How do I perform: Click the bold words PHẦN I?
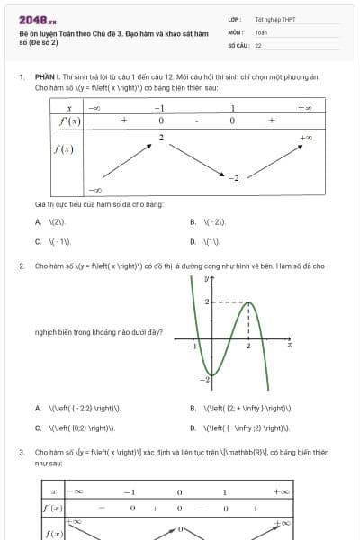click(47, 77)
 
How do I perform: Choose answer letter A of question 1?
click(38, 221)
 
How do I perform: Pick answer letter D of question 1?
click(193, 241)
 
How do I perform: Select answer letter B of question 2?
click(193, 408)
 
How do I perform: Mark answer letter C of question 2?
click(38, 427)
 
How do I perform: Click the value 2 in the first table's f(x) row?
click(161, 137)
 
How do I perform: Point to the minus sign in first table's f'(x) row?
click(196, 120)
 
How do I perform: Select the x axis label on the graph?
click(290, 344)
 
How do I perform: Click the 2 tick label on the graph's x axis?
click(248, 346)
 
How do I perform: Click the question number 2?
click(21, 266)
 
